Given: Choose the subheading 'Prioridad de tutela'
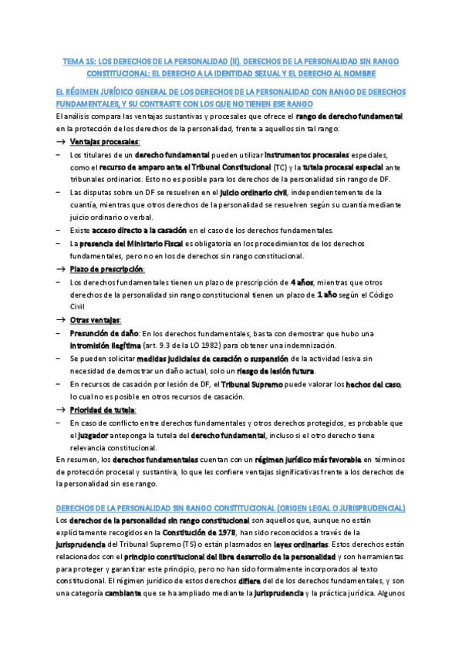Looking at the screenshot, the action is [x=103, y=409].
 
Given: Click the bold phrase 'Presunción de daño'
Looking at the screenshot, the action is [x=98, y=332].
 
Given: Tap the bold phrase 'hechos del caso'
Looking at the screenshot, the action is [x=373, y=383].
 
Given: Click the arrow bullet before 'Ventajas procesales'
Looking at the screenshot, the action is [x=61, y=142].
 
